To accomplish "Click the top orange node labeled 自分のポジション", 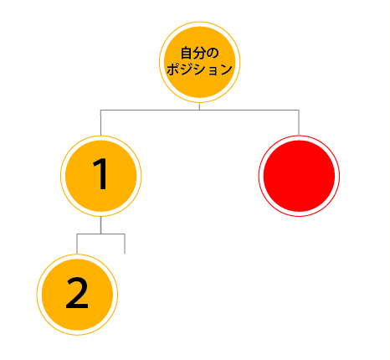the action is (x=200, y=62).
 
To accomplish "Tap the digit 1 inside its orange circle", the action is (x=100, y=174).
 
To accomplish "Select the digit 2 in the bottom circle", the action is (x=77, y=293).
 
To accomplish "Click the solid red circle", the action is (x=299, y=176).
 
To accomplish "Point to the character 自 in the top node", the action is (x=187, y=53).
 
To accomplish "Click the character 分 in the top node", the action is (x=199, y=53).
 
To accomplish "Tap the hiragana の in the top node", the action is (x=213, y=54).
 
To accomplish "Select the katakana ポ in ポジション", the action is (x=173, y=69).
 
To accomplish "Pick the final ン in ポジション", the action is (x=226, y=69).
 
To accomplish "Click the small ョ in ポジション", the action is (x=213, y=70).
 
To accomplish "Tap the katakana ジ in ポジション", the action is (x=186, y=69).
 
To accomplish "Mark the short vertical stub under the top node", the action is (x=199, y=106).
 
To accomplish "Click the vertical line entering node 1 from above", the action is (x=100, y=123).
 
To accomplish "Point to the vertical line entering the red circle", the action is (x=299, y=123).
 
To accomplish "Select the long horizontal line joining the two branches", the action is (x=200, y=110).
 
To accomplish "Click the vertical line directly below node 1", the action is (x=100, y=225).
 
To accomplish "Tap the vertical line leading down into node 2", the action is (x=77, y=244).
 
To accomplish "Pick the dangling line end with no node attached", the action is (x=125, y=254).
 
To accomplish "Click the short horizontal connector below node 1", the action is (x=100, y=234).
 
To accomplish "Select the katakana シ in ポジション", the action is (x=199, y=69).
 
